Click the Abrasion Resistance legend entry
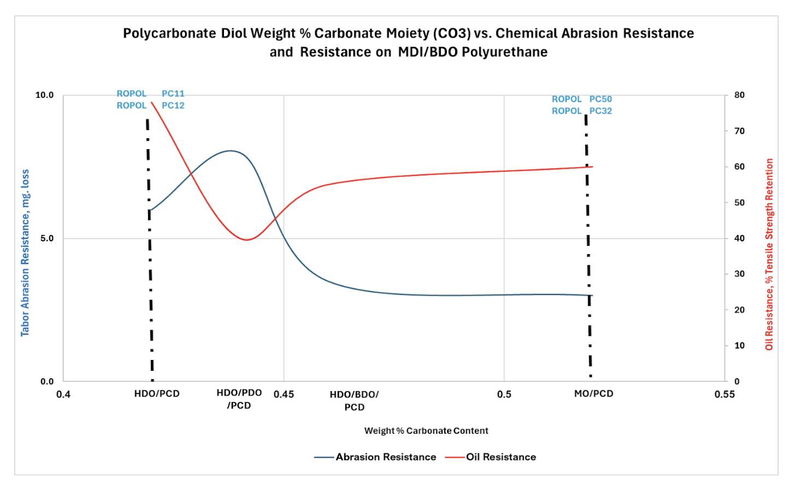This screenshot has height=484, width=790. click(x=385, y=457)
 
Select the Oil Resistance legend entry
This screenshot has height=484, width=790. click(x=500, y=457)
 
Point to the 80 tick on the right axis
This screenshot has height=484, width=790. click(x=739, y=95)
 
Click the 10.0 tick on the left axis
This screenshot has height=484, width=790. click(x=45, y=95)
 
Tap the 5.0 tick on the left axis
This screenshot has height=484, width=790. click(x=47, y=239)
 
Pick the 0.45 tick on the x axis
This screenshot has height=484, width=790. click(x=284, y=394)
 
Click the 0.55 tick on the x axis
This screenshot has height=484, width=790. click(x=724, y=394)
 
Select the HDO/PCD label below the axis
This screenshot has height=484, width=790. click(x=157, y=394)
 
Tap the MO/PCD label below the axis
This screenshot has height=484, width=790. click(x=593, y=394)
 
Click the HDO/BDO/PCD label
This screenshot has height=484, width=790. click(x=354, y=401)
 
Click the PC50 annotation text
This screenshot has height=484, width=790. click(x=600, y=99)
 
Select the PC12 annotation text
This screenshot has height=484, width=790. click(x=173, y=105)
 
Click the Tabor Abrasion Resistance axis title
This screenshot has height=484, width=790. click(x=25, y=252)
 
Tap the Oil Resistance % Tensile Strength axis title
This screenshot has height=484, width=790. click(x=769, y=255)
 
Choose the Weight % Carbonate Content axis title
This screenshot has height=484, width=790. click(x=426, y=431)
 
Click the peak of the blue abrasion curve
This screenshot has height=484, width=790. click(x=231, y=151)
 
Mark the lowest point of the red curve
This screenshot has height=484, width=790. click(x=247, y=240)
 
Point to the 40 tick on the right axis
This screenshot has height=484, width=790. click(x=739, y=239)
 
